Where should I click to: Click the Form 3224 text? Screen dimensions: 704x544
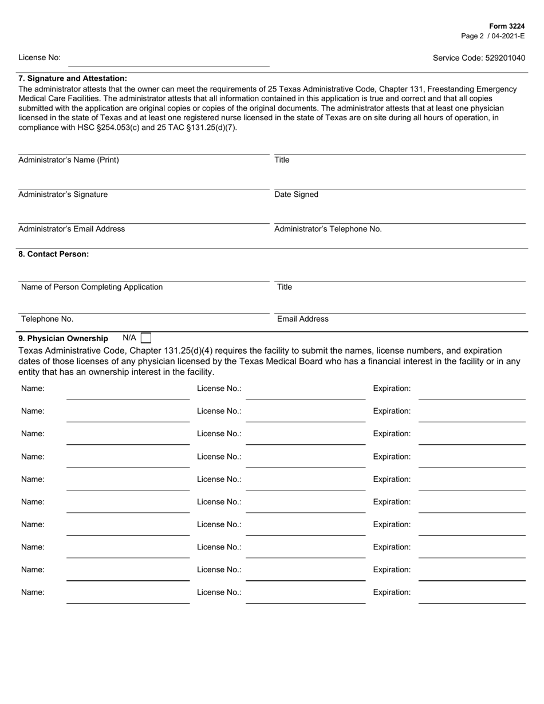tap(507, 26)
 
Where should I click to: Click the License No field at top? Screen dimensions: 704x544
tap(168, 60)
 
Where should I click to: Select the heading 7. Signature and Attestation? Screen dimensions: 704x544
tap(73, 78)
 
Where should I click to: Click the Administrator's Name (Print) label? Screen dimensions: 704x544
tap(69, 160)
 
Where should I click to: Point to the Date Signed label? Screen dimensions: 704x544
tap(296, 195)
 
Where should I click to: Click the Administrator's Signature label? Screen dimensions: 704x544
tap(63, 195)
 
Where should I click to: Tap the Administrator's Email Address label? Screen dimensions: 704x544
tap(72, 229)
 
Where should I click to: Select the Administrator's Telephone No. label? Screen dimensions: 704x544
tap(328, 229)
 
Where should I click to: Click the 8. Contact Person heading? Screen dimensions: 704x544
tap(54, 254)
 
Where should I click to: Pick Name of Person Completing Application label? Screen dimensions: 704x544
tap(92, 287)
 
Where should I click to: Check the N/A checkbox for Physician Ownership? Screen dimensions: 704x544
tap(146, 338)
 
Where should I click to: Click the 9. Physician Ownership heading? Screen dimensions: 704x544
tap(63, 338)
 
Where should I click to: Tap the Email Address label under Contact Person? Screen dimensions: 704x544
tap(302, 319)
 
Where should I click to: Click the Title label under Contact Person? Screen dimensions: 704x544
tap(284, 287)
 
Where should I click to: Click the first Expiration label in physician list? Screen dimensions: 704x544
tap(392, 389)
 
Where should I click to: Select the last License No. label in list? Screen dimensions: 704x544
tap(219, 592)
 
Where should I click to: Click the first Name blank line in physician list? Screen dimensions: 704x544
tap(128, 393)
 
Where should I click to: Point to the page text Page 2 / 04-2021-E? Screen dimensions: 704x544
tap(492, 35)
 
